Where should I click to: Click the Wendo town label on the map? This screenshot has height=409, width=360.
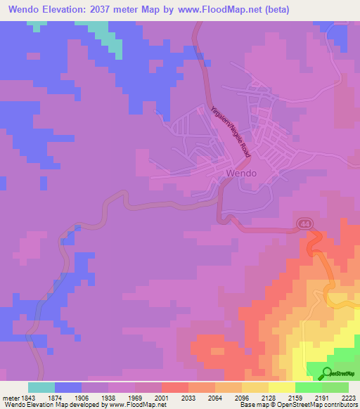[x=240, y=173]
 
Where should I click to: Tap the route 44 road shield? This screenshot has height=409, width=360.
[x=304, y=223]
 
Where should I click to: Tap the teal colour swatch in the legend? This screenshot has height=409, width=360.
[x=41, y=387]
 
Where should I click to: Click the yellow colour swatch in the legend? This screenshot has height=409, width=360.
[x=282, y=387]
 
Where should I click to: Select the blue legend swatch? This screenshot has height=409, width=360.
[x=68, y=387]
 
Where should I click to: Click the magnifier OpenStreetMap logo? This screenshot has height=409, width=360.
[x=328, y=372]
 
